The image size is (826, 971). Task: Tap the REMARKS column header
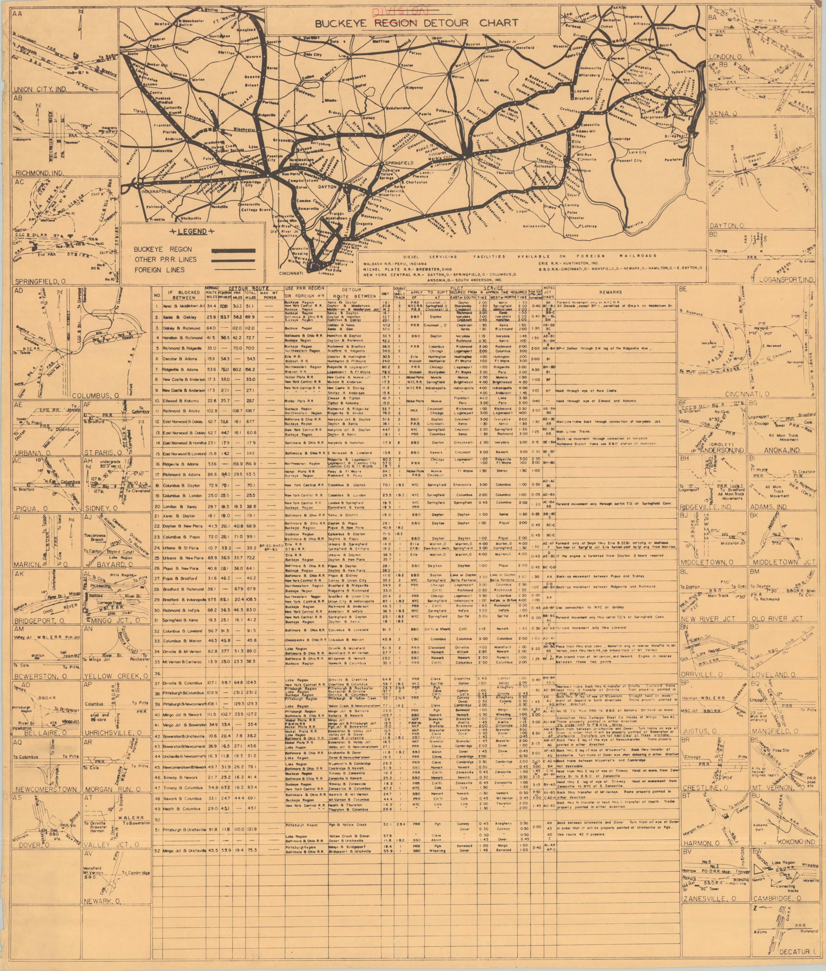[615, 292]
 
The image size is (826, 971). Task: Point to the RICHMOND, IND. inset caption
[40, 173]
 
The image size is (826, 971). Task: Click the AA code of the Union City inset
[19, 14]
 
